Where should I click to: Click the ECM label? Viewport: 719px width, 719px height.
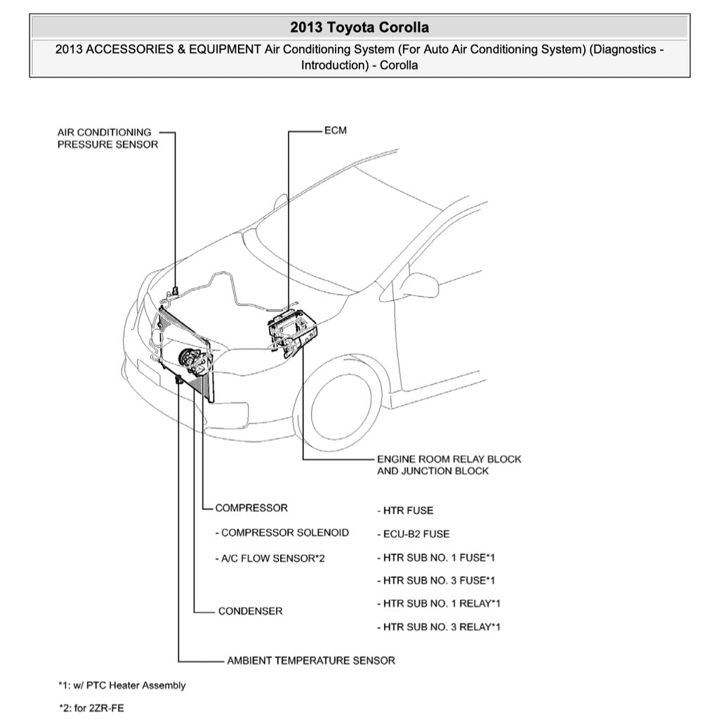(x=335, y=131)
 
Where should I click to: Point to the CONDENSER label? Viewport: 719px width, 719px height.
(x=250, y=611)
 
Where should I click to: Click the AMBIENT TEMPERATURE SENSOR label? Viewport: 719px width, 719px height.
(x=310, y=661)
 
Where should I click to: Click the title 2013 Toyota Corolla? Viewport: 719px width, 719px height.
(x=359, y=27)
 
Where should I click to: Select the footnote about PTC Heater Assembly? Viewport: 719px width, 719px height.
(x=122, y=685)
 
